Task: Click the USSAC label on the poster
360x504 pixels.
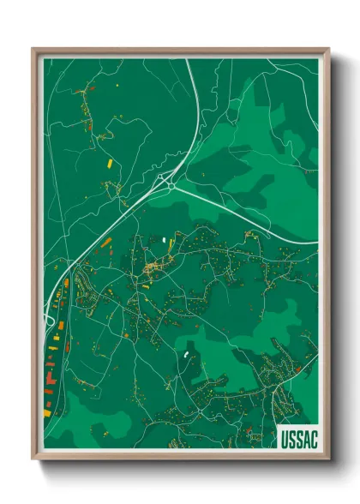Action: pyautogui.click(x=297, y=438)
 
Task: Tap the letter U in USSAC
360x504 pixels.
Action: pyautogui.click(x=284, y=438)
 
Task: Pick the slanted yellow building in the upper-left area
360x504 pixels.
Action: pyautogui.click(x=109, y=159)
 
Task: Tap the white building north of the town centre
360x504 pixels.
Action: pyautogui.click(x=162, y=239)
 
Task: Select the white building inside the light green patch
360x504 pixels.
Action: pyautogui.click(x=184, y=351)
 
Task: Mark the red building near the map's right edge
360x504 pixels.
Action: pyautogui.click(x=298, y=368)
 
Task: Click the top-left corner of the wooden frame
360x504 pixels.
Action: pyautogui.click(x=33, y=49)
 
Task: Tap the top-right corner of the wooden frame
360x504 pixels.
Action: pyautogui.click(x=328, y=49)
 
